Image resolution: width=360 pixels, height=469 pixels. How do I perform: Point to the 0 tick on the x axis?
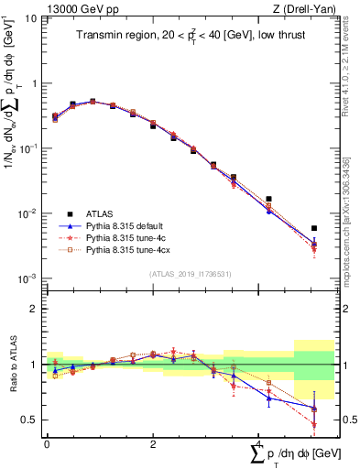pyautogui.click(x=47, y=443)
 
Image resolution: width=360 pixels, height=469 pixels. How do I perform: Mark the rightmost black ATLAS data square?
pyautogui.click(x=314, y=228)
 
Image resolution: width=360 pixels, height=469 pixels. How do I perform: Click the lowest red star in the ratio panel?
pyautogui.click(x=314, y=425)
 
